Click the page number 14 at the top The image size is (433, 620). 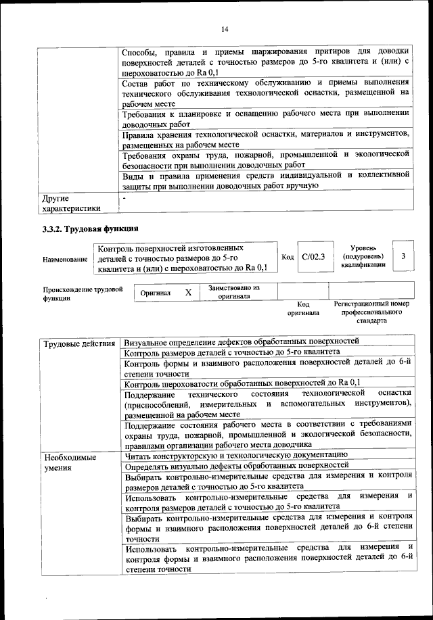point(225,28)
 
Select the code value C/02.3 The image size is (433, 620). point(313,257)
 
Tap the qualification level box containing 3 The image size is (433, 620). point(403,256)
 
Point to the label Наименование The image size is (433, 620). point(65,260)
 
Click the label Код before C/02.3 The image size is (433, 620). point(287,257)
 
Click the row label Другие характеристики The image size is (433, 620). point(70,204)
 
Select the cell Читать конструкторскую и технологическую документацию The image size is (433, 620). point(236,456)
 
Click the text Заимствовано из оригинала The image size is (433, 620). point(234,293)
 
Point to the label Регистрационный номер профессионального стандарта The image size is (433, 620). point(372,313)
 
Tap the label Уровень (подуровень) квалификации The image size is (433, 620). point(363,256)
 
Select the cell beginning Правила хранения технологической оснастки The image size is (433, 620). point(267,139)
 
